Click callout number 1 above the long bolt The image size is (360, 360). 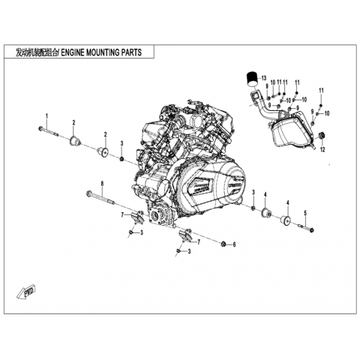click(x=46, y=116)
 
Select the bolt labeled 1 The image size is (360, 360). click(x=48, y=132)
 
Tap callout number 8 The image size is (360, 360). click(x=102, y=184)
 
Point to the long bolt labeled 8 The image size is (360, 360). click(x=100, y=198)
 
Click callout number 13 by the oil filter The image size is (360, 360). click(x=264, y=78)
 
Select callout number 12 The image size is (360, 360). click(x=322, y=149)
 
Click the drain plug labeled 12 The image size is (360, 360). click(x=322, y=136)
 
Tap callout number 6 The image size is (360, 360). click(x=234, y=244)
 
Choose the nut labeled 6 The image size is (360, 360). click(x=223, y=244)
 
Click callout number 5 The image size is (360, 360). click(x=305, y=213)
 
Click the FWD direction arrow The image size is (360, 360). click(x=26, y=292)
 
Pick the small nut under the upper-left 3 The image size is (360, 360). click(x=121, y=159)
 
